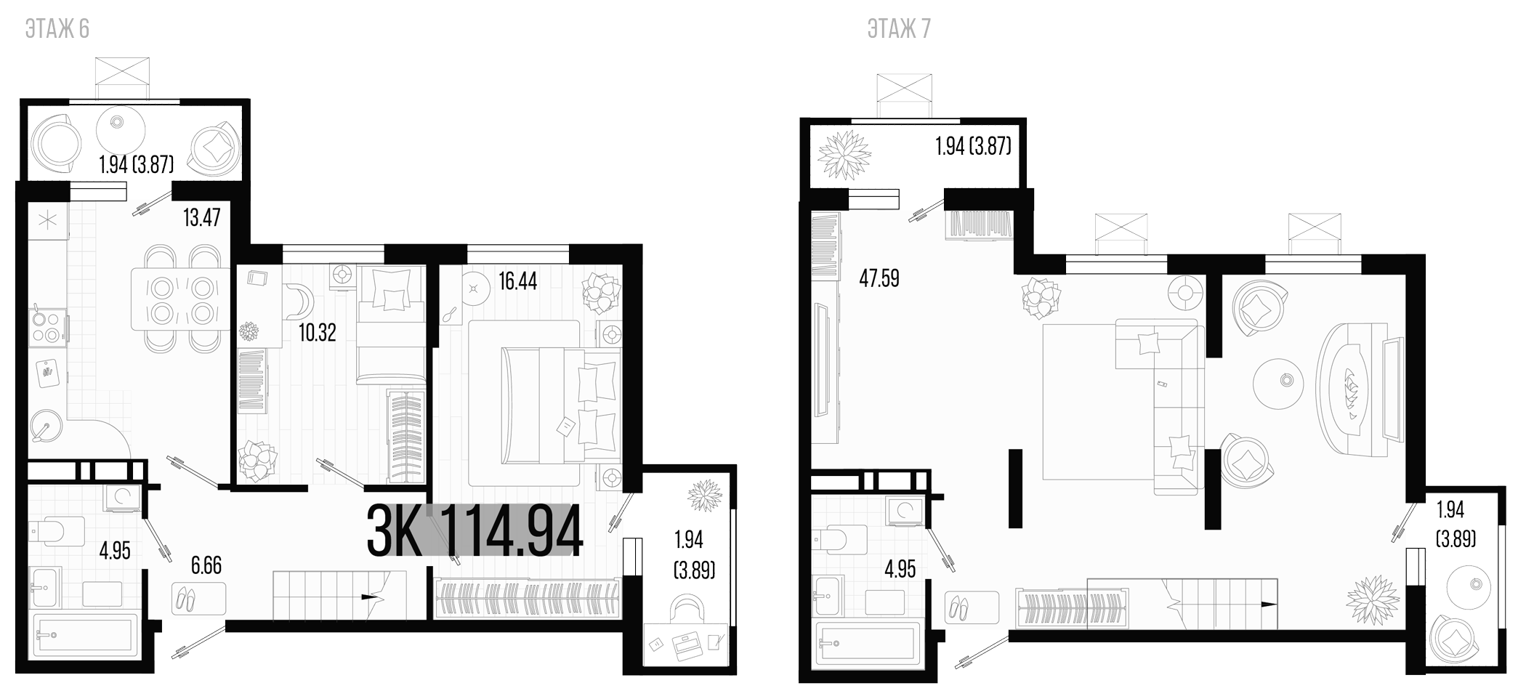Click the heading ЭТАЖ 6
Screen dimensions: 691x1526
pos(57,29)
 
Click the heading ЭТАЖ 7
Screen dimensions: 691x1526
pos(899,29)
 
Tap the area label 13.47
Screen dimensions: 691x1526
pos(201,217)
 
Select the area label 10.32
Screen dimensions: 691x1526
pos(318,333)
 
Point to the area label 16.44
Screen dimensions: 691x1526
pos(517,281)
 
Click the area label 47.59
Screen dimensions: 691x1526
pos(879,279)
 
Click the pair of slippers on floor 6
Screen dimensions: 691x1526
pos(185,599)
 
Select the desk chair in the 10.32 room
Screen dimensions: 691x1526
pos(299,299)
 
